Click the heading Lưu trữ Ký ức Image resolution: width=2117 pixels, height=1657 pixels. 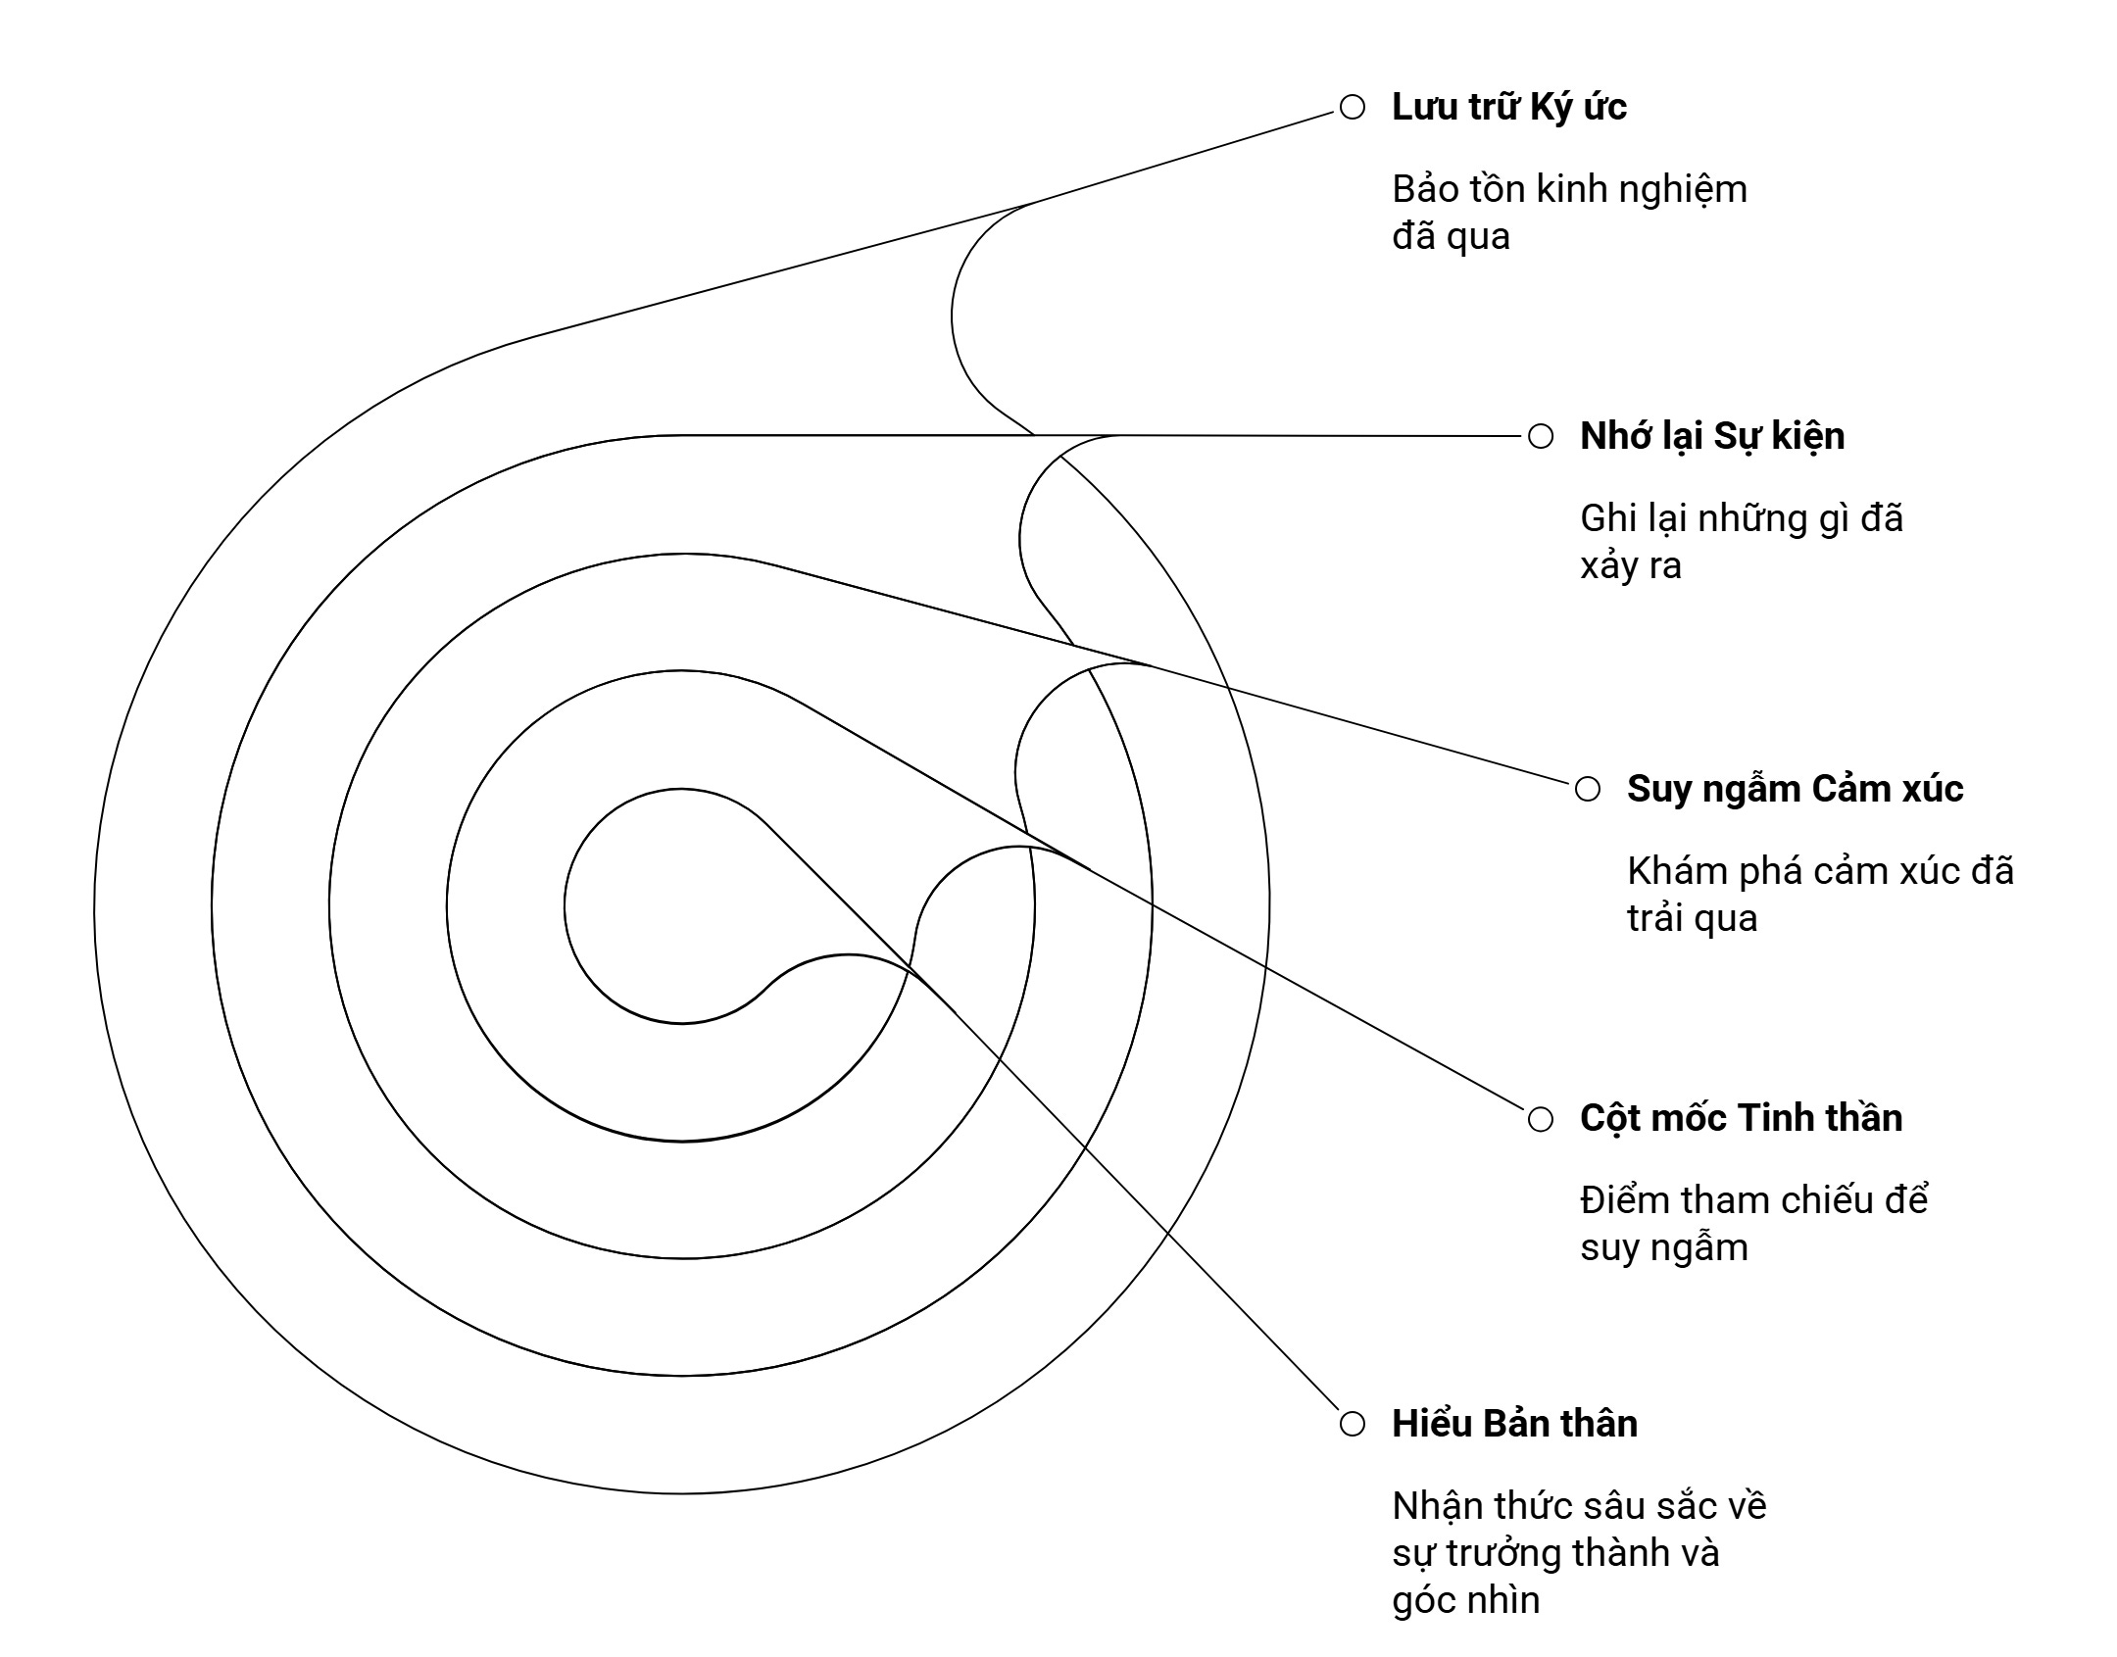(x=1508, y=108)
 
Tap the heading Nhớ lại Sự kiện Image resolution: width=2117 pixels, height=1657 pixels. (x=1711, y=437)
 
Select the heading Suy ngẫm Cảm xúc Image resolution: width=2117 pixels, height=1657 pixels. (x=1795, y=790)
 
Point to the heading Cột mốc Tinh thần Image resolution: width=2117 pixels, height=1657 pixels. (x=1741, y=1119)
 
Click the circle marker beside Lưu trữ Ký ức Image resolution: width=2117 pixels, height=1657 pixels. (x=1353, y=108)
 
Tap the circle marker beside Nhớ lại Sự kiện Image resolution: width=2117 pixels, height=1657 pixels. (x=1541, y=437)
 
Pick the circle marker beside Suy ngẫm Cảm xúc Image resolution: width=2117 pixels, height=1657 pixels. (x=1588, y=790)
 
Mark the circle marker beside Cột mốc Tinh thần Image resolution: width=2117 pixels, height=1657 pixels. (x=1541, y=1119)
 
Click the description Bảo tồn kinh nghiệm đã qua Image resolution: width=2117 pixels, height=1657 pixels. (x=1568, y=213)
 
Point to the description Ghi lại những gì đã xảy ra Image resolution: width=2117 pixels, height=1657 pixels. (x=1741, y=542)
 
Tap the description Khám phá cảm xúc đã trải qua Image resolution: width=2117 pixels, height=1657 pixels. (x=1819, y=895)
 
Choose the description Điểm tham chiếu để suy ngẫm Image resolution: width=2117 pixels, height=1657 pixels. (x=1753, y=1224)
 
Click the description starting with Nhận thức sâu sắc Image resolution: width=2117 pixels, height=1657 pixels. (x=1578, y=1553)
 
